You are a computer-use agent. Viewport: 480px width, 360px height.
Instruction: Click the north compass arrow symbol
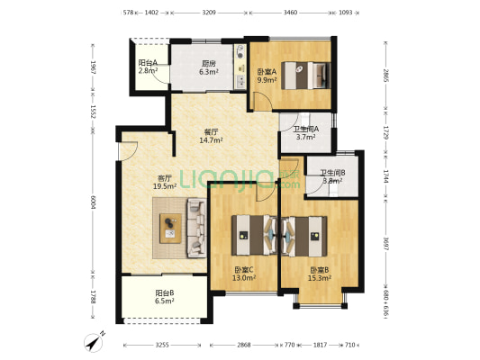(x=94, y=342)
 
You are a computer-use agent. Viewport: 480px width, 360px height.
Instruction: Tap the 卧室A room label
(x=267, y=72)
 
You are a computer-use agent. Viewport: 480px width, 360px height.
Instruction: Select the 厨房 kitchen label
(x=208, y=64)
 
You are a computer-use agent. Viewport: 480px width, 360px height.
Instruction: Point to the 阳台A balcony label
(x=148, y=63)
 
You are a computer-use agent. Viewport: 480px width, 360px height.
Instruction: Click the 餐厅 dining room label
(x=211, y=132)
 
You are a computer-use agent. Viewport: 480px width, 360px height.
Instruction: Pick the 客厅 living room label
(x=165, y=178)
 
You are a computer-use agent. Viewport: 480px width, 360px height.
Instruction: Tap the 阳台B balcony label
(x=165, y=292)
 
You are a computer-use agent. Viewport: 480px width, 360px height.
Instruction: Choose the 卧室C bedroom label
(x=244, y=270)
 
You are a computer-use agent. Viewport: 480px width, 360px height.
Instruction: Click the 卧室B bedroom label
(x=320, y=270)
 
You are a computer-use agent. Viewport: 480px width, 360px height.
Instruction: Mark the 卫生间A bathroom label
(x=306, y=129)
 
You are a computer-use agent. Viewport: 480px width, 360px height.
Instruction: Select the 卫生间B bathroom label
(x=332, y=173)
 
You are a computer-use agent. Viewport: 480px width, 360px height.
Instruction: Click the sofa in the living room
(x=196, y=228)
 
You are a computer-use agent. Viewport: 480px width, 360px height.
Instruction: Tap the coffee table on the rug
(x=170, y=229)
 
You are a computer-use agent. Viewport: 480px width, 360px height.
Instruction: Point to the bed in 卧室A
(x=306, y=76)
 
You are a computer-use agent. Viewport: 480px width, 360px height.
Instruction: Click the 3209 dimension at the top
(x=209, y=13)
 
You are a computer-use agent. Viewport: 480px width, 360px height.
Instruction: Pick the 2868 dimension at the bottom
(x=244, y=345)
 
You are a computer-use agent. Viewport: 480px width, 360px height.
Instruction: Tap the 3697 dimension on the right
(x=385, y=245)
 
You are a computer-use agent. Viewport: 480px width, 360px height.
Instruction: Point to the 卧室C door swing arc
(x=266, y=193)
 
